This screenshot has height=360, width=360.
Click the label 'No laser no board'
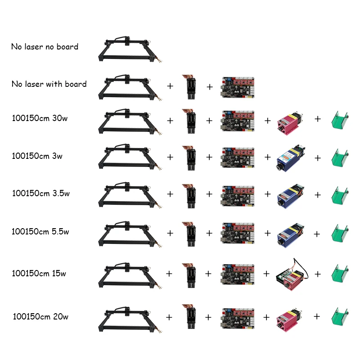coord(45,47)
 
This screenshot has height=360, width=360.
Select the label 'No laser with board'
coord(49,84)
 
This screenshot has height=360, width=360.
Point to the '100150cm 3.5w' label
coord(41,193)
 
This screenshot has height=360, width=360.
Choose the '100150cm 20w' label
coord(41,317)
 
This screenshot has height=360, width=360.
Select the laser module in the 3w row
coord(292,157)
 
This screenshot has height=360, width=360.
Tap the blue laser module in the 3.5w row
coord(292,195)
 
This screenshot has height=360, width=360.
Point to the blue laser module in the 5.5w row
coord(292,234)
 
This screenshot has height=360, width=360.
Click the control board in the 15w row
coord(237,273)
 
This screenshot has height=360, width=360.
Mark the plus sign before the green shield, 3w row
coord(318,158)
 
